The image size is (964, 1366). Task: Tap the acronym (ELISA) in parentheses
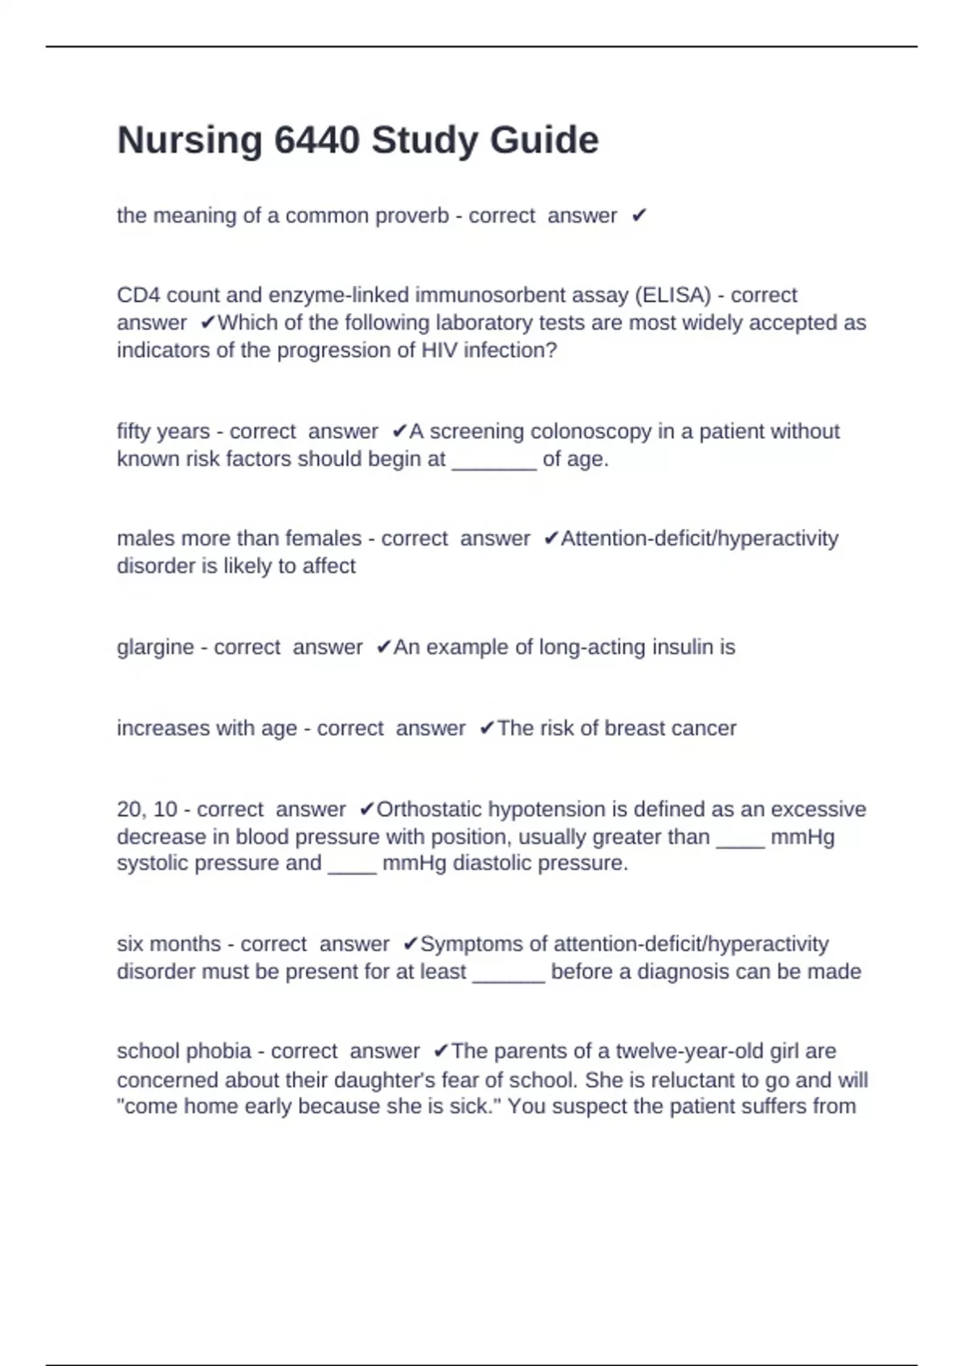tap(673, 296)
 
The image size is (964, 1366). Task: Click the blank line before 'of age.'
tap(494, 461)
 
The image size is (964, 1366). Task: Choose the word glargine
tap(155, 648)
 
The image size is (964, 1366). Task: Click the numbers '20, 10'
tap(146, 809)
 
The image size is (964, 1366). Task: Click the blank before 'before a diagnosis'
tap(509, 973)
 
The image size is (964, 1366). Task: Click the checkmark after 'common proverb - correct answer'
tap(639, 216)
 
